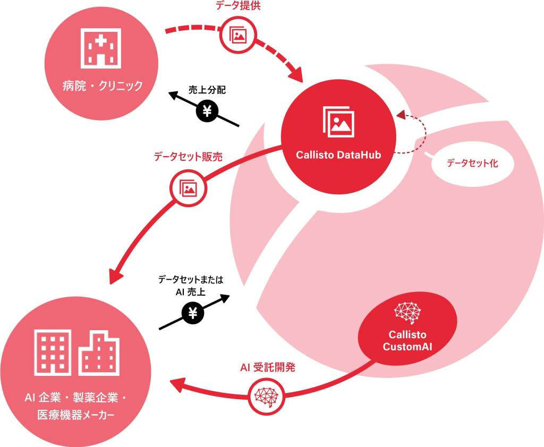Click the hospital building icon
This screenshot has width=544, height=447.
click(x=101, y=48)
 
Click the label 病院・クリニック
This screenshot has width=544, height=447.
click(x=101, y=85)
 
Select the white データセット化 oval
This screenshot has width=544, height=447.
click(x=472, y=164)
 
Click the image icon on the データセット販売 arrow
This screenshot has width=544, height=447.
click(x=188, y=187)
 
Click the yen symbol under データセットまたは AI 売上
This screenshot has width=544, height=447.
click(x=193, y=313)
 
